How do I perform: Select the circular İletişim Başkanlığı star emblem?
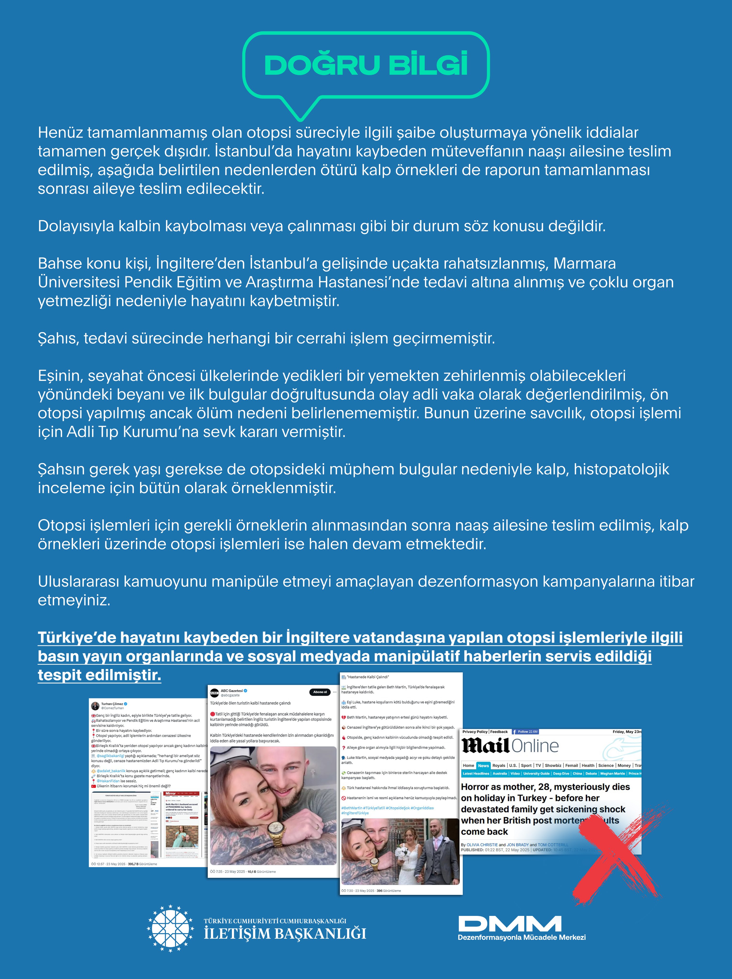click(x=170, y=929)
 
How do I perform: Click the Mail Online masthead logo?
click(x=510, y=746)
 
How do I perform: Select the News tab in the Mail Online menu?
click(x=483, y=765)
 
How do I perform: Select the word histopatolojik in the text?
click(x=621, y=469)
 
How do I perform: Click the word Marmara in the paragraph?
click(x=584, y=263)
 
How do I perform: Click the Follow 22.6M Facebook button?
click(x=526, y=732)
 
